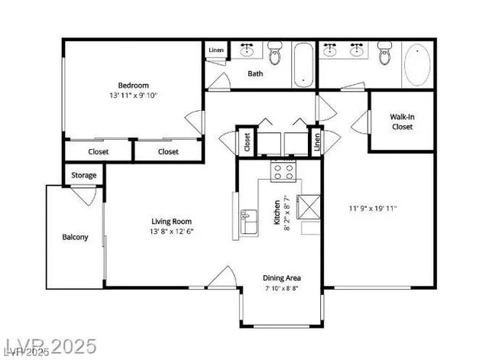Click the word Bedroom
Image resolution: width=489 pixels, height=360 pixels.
coord(133,85)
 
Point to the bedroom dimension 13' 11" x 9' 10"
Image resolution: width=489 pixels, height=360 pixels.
coord(133,96)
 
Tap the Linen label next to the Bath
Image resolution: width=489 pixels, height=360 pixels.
coord(215,50)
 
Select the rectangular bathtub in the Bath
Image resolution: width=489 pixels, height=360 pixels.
coord(303,64)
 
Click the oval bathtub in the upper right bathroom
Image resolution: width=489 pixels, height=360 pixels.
coord(417,65)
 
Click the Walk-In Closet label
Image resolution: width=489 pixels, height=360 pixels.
coord(402,122)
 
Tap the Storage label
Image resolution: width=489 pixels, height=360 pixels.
coord(84,175)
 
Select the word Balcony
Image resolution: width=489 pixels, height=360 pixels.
coord(75,237)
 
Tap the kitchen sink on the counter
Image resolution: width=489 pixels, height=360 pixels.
coord(248,222)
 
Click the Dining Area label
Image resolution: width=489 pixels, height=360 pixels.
coord(280,277)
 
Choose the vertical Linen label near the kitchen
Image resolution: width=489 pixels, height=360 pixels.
coord(315,141)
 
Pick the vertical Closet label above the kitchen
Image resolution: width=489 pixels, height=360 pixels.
coord(247,141)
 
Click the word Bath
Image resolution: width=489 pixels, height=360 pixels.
coord(255,74)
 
